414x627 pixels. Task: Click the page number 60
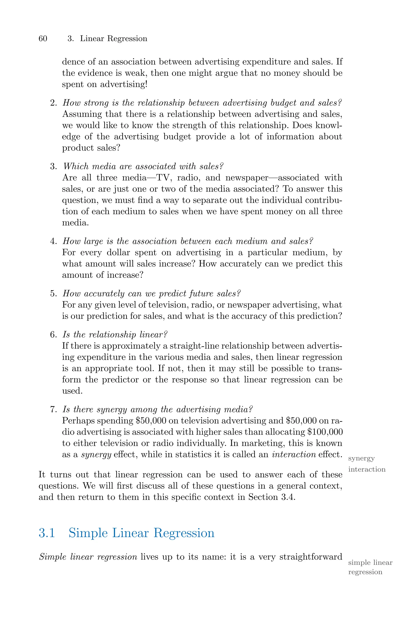(x=43, y=39)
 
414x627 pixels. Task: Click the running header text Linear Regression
(x=114, y=39)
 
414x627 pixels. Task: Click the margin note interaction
(x=367, y=469)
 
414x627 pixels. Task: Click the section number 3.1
(x=47, y=533)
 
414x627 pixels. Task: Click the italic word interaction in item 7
(x=294, y=455)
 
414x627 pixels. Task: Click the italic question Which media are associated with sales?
(x=143, y=166)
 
